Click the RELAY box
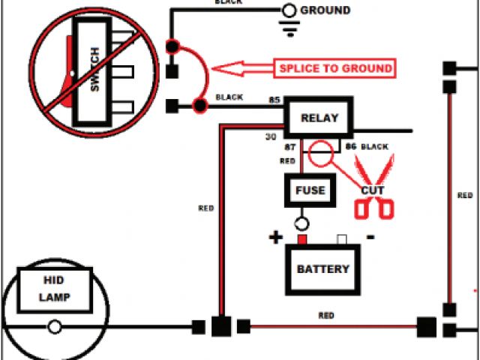point(319,118)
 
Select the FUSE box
point(309,190)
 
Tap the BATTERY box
point(322,269)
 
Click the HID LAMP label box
point(55,289)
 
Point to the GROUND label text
point(325,10)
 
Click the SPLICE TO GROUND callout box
point(336,68)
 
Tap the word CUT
point(373,191)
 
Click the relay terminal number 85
point(274,100)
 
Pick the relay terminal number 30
point(271,137)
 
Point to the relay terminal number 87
point(289,147)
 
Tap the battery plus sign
point(276,238)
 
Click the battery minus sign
point(370,237)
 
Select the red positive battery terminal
point(302,239)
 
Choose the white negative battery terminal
point(342,239)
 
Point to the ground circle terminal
point(288,10)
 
